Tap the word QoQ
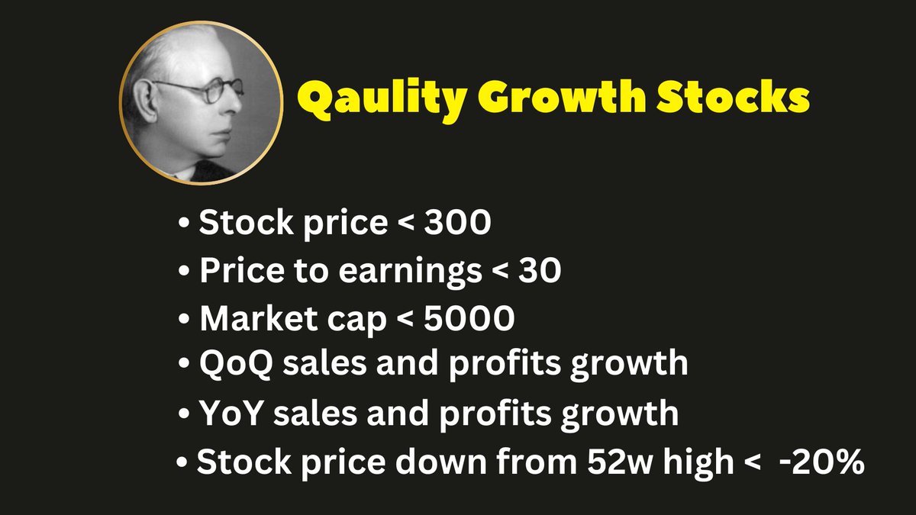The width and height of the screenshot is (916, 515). pos(233,364)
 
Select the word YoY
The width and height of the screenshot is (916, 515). pos(231,413)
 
